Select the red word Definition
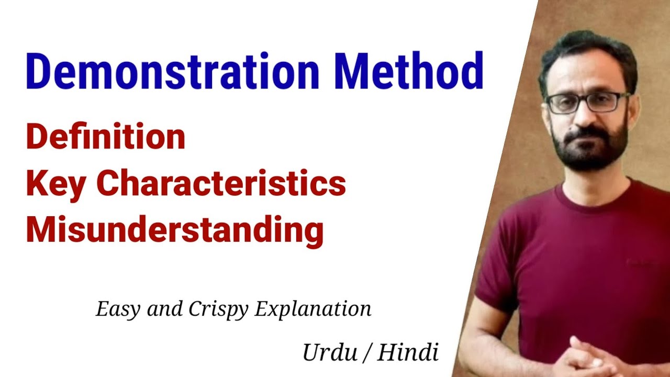(x=106, y=137)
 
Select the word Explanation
(x=313, y=309)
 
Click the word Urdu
(x=328, y=353)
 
